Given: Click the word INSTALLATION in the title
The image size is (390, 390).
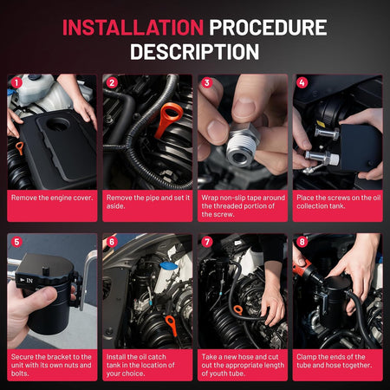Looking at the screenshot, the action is (x=133, y=28).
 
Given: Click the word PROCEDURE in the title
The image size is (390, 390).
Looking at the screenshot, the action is (x=268, y=28).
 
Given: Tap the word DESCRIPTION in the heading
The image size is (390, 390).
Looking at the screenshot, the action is (x=194, y=52).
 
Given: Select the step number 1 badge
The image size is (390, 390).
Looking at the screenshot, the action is (x=16, y=83).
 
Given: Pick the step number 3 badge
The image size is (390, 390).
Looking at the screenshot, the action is (x=207, y=83).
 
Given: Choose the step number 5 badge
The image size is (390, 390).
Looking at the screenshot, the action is (x=16, y=242).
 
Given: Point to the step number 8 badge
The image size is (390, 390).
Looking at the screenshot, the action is (x=302, y=242).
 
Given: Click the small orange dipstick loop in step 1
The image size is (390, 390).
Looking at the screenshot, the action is (x=20, y=148).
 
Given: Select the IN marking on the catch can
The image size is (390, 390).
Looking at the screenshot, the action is (x=29, y=281).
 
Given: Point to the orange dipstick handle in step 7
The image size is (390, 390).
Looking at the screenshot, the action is (x=238, y=310).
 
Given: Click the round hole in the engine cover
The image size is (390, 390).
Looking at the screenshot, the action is (x=58, y=124).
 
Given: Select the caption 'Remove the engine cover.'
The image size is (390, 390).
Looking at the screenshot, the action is (x=52, y=198).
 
